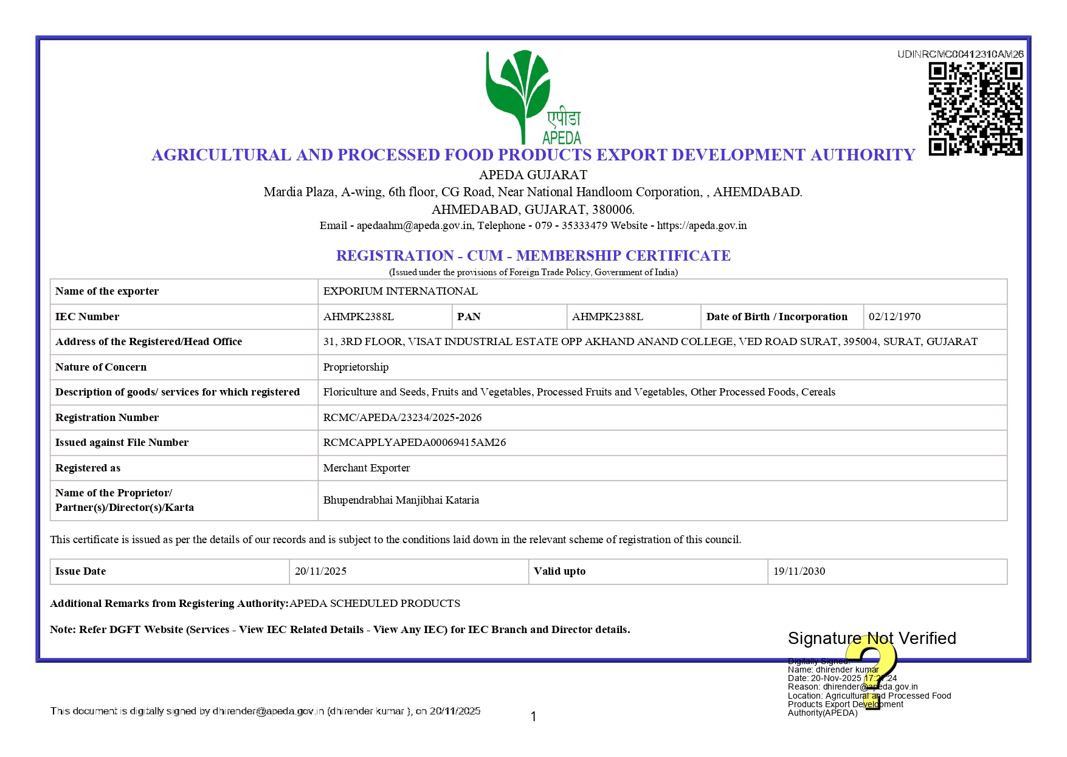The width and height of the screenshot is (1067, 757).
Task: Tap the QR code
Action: [x=975, y=109]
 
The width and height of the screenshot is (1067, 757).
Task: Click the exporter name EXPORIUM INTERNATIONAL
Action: [x=400, y=292]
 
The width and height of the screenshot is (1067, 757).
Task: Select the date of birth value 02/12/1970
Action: [x=894, y=317]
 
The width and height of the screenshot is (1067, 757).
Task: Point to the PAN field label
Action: [x=469, y=317]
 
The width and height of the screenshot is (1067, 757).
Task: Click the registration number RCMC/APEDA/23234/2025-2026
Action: [x=402, y=417]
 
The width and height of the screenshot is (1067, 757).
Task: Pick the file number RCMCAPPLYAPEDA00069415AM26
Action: [x=414, y=442]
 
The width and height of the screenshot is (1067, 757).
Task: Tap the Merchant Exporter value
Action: [x=366, y=468]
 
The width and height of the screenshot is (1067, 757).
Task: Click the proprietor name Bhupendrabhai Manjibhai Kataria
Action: [x=401, y=500]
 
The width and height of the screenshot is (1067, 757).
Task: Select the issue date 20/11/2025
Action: [x=320, y=571]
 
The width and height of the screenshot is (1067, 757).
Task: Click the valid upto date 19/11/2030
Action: [x=799, y=571]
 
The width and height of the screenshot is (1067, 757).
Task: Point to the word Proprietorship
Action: [x=356, y=367]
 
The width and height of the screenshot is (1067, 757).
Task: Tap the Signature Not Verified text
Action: [x=871, y=639]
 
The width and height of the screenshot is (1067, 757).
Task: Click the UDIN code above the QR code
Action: [x=960, y=55]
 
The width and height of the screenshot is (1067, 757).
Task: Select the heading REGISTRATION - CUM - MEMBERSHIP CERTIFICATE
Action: [x=533, y=256]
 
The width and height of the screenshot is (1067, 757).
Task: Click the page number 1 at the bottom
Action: [x=533, y=717]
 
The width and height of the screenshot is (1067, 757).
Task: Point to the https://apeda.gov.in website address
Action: [x=702, y=225]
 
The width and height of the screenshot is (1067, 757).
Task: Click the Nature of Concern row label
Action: [x=101, y=367]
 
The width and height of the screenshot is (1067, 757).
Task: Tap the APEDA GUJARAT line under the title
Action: [x=533, y=175]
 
